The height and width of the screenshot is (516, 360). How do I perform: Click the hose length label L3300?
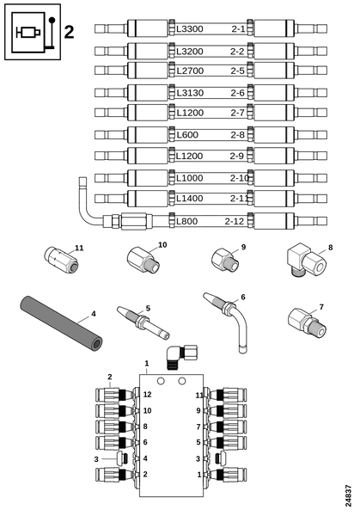point(190,29)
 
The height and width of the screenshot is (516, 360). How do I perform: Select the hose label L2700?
point(190,71)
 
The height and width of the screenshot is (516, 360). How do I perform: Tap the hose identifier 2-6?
point(237,93)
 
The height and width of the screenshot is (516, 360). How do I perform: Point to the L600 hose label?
point(187,135)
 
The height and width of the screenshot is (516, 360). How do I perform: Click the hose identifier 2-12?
point(235,221)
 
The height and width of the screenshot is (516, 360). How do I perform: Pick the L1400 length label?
point(190,199)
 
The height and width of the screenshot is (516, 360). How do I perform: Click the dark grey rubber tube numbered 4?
point(61,323)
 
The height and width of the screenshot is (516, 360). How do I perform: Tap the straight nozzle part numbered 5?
point(143,322)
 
